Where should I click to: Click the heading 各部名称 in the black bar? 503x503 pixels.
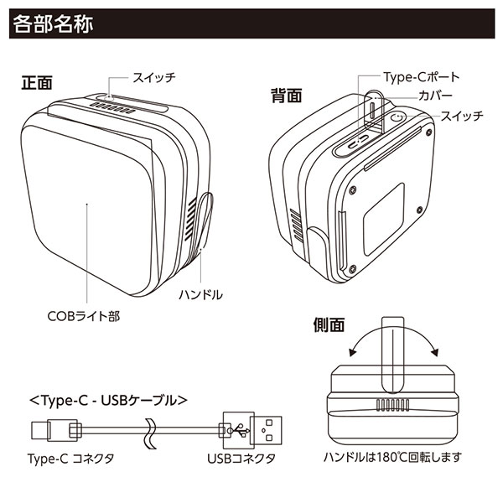pyautogui.click(x=53, y=23)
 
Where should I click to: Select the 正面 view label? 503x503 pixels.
pyautogui.click(x=38, y=84)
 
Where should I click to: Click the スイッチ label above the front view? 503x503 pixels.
pyautogui.click(x=153, y=78)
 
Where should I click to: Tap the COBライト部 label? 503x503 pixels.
pyautogui.click(x=85, y=318)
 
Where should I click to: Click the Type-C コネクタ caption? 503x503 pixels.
pyautogui.click(x=70, y=459)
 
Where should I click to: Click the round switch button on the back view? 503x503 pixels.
pyautogui.click(x=397, y=120)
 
